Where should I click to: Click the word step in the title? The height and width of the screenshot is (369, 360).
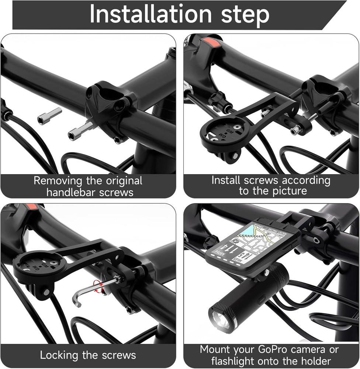click(x=245, y=15)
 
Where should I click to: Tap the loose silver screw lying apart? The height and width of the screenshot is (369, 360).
click(x=49, y=116)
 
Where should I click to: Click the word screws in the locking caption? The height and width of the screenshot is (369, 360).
click(x=118, y=355)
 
